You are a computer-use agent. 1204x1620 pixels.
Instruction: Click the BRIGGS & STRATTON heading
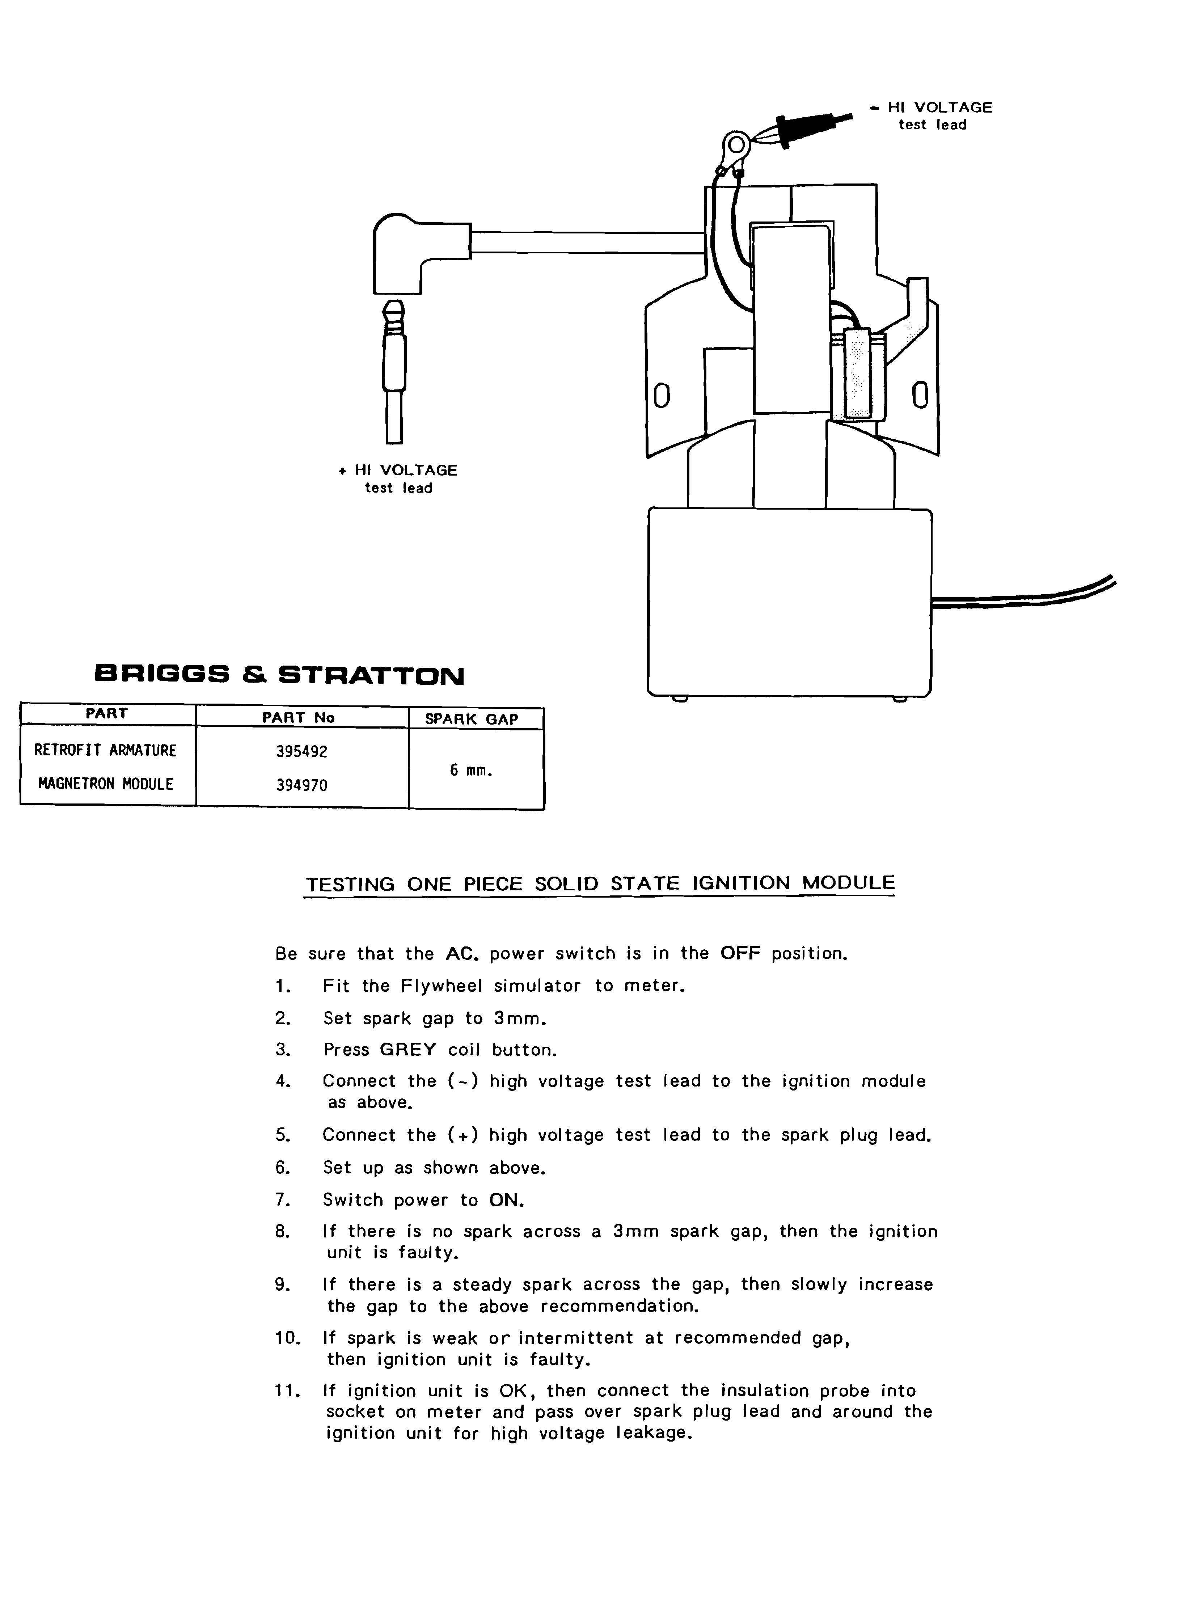pos(279,675)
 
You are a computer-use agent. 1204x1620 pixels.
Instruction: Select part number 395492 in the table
pos(302,751)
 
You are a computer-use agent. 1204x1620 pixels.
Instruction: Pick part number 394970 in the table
pos(302,785)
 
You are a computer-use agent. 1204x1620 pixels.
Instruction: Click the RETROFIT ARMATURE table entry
pos(106,750)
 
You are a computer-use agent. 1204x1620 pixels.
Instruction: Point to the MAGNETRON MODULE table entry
pos(106,784)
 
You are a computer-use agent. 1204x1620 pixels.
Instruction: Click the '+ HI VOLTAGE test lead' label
pos(398,479)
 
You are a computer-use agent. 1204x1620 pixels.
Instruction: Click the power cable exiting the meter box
pos(1024,594)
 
